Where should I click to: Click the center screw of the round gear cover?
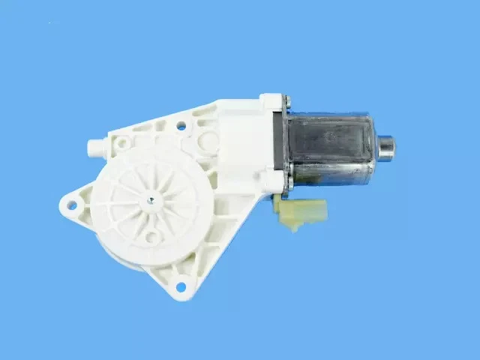coord(151,199)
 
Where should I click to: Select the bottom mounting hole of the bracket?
coord(180,286)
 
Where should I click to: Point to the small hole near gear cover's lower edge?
coord(151,238)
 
